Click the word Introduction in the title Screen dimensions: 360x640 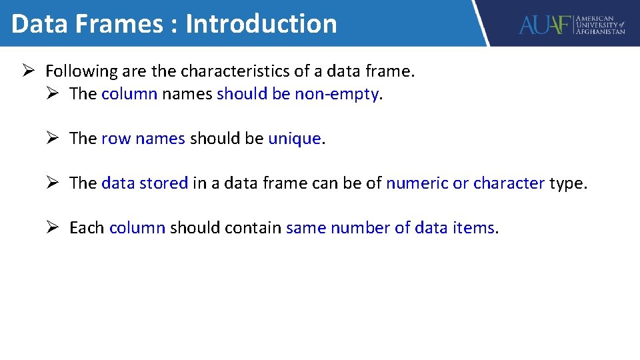click(261, 24)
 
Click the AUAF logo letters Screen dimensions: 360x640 click(545, 25)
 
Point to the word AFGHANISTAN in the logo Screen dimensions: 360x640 click(601, 31)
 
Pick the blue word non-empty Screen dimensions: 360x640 click(336, 94)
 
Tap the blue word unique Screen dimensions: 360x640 click(295, 139)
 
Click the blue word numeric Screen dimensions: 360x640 click(417, 183)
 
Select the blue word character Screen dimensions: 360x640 click(509, 183)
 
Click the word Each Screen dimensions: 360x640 click(87, 228)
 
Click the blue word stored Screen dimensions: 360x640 click(164, 183)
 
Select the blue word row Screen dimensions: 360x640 click(115, 139)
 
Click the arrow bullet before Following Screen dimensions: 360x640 click(27, 71)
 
